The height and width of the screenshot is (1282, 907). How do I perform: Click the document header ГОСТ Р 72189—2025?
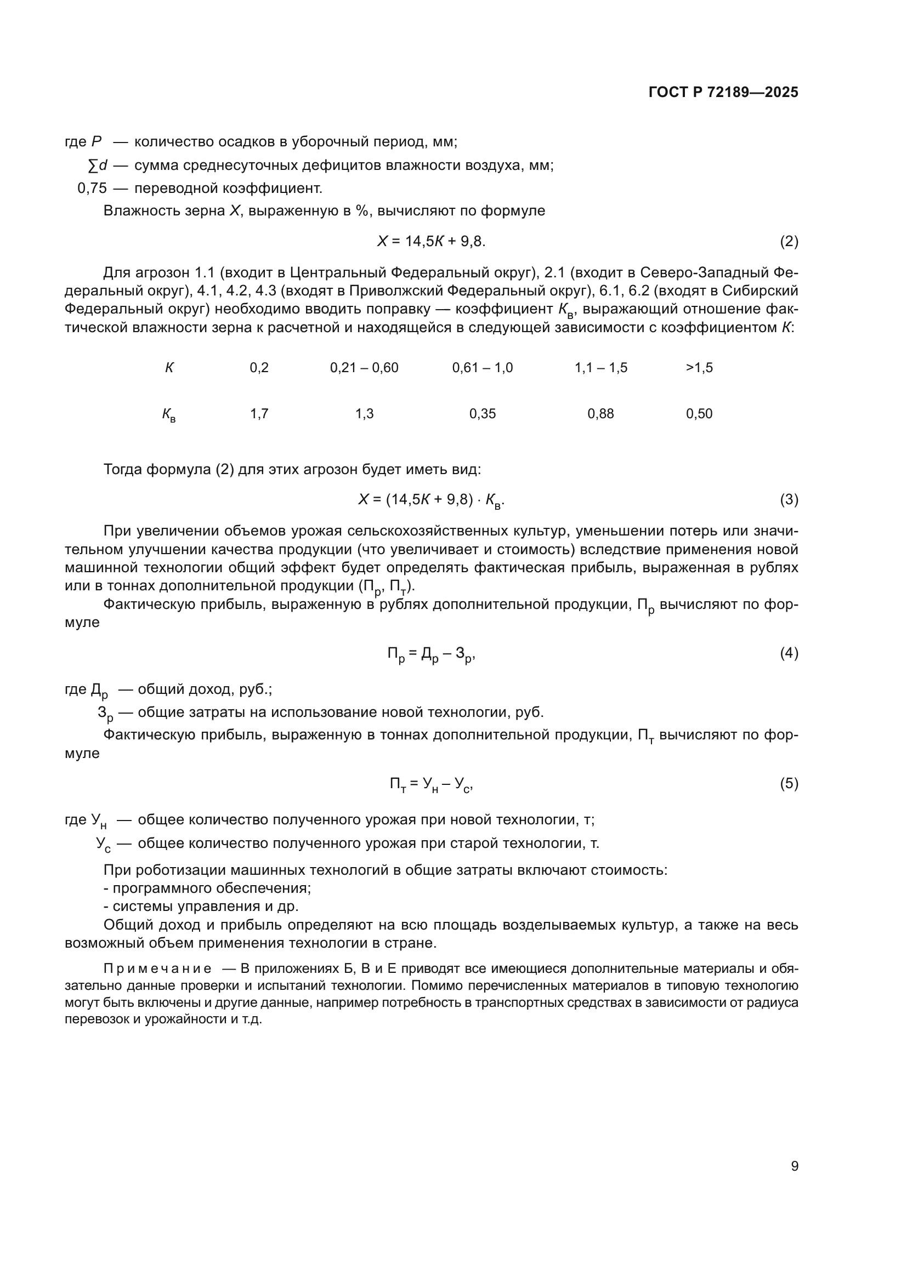pyautogui.click(x=723, y=92)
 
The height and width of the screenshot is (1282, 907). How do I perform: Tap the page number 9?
pyautogui.click(x=794, y=1166)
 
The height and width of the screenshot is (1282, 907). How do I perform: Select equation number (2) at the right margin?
pyautogui.click(x=789, y=241)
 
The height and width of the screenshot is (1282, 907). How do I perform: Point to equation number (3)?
pyautogui.click(x=789, y=500)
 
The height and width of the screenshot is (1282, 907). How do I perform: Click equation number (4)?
pyautogui.click(x=789, y=653)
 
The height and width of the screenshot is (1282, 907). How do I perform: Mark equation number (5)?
pyautogui.click(x=789, y=783)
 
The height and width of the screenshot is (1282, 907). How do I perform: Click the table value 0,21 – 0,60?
pyautogui.click(x=364, y=367)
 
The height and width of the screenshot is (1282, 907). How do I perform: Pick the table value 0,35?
pyautogui.click(x=482, y=414)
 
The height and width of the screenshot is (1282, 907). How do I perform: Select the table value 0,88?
pyautogui.click(x=600, y=414)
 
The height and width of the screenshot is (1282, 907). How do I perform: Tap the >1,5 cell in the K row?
pyautogui.click(x=699, y=367)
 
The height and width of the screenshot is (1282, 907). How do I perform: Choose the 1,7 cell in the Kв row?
pyautogui.click(x=259, y=414)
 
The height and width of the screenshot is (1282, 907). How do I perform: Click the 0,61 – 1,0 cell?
pyautogui.click(x=482, y=367)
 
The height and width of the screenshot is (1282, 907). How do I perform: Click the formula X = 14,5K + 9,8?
pyautogui.click(x=431, y=241)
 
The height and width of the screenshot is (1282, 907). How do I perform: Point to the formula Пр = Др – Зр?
pyautogui.click(x=431, y=654)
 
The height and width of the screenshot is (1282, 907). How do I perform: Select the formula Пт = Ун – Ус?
pyautogui.click(x=431, y=784)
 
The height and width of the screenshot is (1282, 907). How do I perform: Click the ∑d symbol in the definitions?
pyautogui.click(x=98, y=166)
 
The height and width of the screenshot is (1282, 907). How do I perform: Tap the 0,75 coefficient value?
pyautogui.click(x=92, y=188)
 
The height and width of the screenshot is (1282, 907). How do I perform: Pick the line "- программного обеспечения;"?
pyautogui.click(x=207, y=888)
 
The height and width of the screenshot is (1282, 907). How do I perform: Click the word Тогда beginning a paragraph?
pyautogui.click(x=123, y=469)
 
